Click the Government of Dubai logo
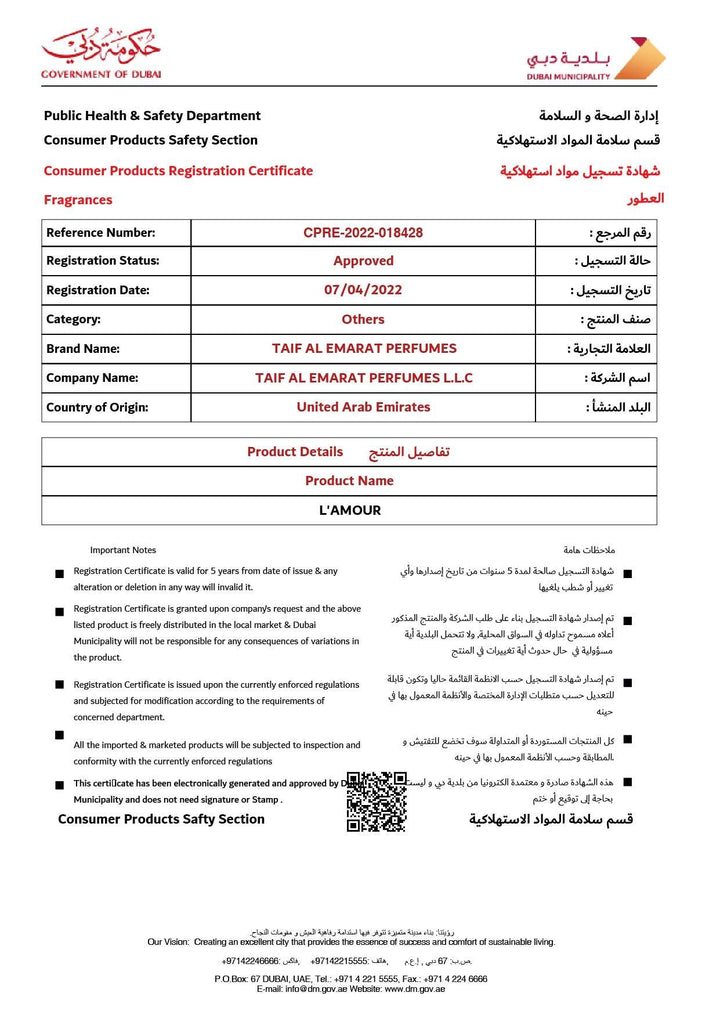[x=100, y=52]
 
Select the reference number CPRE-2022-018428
[x=363, y=233]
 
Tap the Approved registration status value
[x=363, y=261]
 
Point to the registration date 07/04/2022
[x=363, y=290]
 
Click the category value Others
[x=363, y=320]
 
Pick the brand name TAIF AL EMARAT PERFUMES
[x=364, y=349]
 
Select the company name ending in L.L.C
[x=364, y=378]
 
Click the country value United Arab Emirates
[x=363, y=407]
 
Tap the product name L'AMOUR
[x=349, y=510]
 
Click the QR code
[x=376, y=801]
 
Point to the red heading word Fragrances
[x=78, y=200]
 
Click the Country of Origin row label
[x=97, y=407]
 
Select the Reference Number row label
[x=101, y=233]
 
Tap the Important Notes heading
[x=123, y=550]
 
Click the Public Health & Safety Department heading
[x=152, y=116]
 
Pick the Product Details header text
[x=295, y=452]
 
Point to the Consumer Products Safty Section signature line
[x=161, y=819]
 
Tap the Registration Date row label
[x=98, y=290]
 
